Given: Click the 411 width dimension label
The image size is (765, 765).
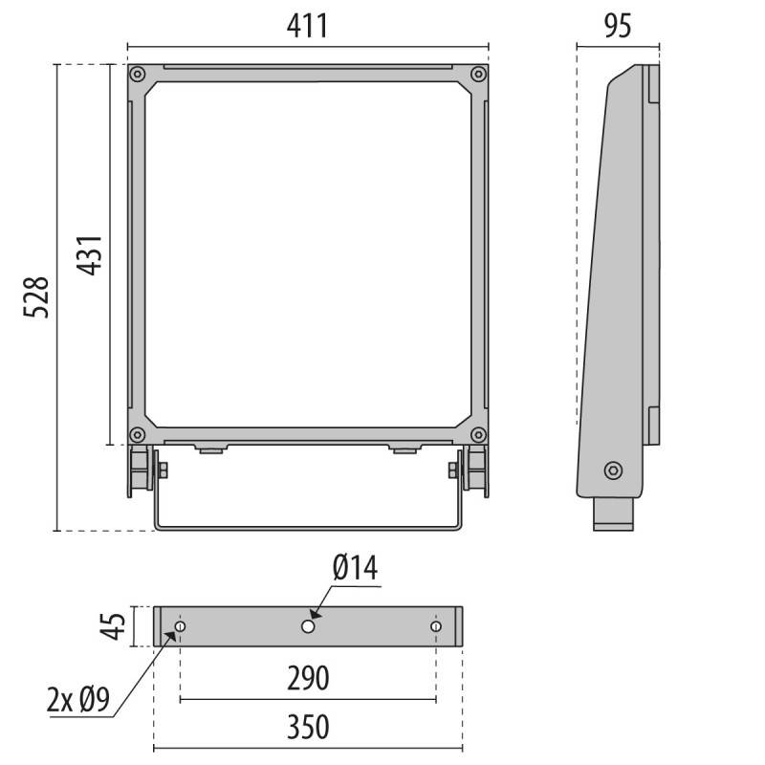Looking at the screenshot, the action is click(x=307, y=26).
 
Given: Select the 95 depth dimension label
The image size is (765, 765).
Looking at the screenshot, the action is click(x=618, y=26).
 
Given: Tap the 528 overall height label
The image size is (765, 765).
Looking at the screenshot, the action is click(x=36, y=297).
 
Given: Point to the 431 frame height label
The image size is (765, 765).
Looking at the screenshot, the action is click(x=90, y=255).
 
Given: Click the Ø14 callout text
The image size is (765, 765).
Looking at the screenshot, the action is click(x=355, y=567).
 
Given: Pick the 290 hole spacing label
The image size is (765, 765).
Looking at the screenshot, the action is click(x=308, y=678).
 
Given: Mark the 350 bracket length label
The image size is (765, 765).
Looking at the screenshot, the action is click(x=308, y=727).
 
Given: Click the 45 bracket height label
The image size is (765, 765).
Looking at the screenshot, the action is click(x=113, y=626).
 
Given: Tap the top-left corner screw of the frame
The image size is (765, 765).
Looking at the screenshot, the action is click(x=137, y=75).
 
